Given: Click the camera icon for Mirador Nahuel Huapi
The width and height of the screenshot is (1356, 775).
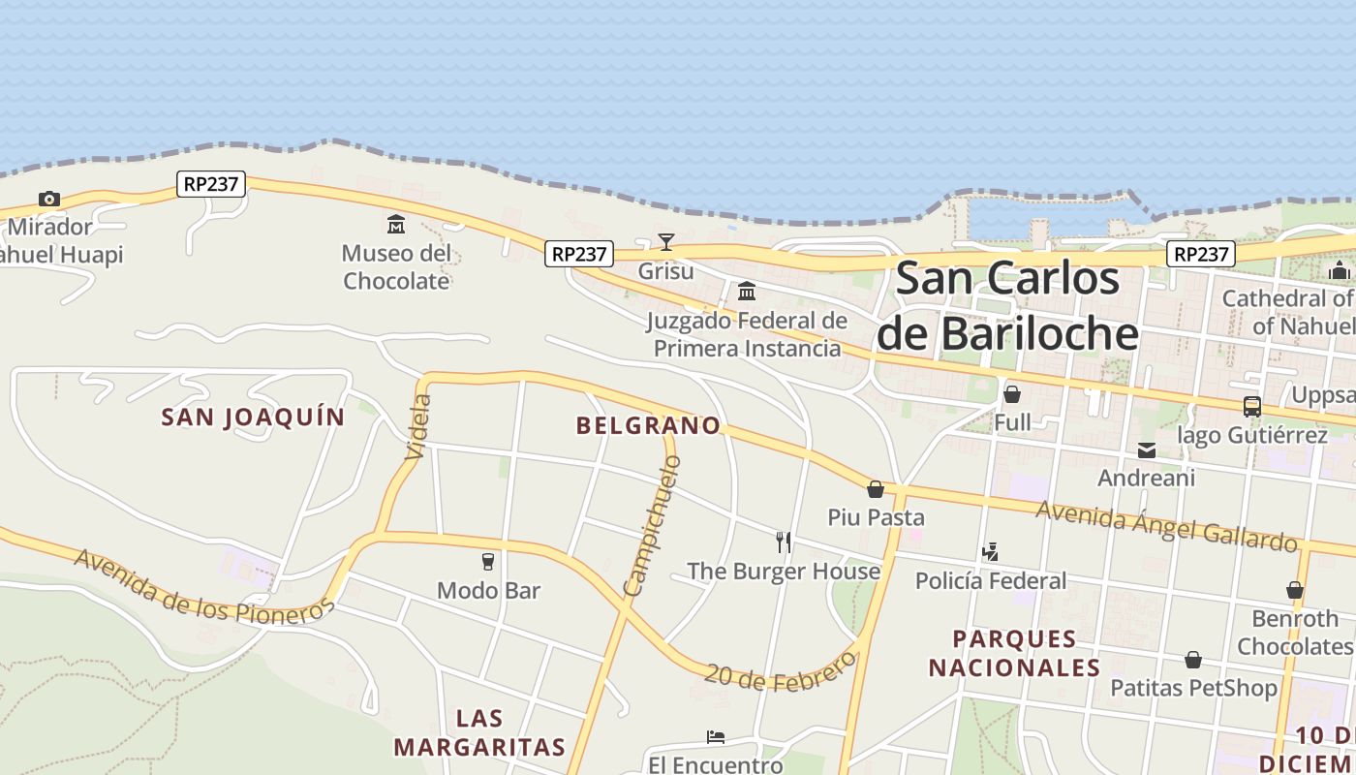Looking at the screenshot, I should coord(48,200).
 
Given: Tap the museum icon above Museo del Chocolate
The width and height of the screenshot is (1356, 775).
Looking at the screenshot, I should coord(396,225).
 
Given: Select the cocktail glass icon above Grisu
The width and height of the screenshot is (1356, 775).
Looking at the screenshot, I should coord(665,241).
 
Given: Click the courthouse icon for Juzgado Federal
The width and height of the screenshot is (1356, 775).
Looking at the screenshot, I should coord(746,291).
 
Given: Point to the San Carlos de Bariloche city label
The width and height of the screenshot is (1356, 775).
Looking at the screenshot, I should coord(1007,306).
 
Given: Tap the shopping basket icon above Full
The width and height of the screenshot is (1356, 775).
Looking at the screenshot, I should coord(1012,394).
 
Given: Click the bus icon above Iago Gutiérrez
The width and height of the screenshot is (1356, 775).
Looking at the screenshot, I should coord(1251,407).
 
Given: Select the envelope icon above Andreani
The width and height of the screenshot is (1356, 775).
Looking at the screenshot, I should coord(1147,449).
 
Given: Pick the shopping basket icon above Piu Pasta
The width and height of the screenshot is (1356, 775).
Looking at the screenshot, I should coord(876,489).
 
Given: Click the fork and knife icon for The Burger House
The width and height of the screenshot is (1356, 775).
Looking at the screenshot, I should coord(784,542).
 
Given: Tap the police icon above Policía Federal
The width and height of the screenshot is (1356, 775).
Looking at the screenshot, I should coord(990,552).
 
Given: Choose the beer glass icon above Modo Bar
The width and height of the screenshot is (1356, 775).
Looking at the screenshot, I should coord(488,561).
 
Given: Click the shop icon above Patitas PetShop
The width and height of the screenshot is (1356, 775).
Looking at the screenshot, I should coord(1193,660).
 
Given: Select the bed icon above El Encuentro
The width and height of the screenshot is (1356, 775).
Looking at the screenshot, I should coord(716,737).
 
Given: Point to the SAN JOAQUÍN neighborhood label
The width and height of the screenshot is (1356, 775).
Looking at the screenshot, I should coord(253,418).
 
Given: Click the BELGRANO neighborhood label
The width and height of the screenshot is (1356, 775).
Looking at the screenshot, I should coord(648,425).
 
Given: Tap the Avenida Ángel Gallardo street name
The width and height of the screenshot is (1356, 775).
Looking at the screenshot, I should coord(1166,525).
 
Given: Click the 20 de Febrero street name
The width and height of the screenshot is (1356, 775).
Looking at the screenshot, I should coord(781,669).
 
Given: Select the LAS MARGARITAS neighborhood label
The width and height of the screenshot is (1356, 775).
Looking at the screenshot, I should coord(479,732).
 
